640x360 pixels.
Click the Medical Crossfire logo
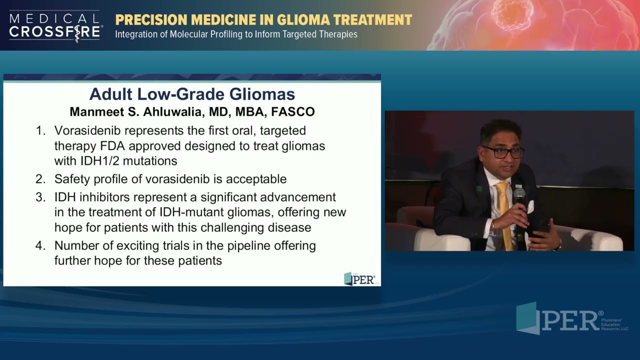pyautogui.click(x=55, y=26)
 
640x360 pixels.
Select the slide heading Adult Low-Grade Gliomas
pyautogui.click(x=192, y=94)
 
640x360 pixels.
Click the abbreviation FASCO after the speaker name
pyautogui.click(x=293, y=111)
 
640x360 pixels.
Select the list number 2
pyautogui.click(x=40, y=179)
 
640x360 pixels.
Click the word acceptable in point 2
pyautogui.click(x=256, y=179)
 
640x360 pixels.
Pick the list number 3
pyautogui.click(x=40, y=197)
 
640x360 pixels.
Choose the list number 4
pyautogui.click(x=40, y=246)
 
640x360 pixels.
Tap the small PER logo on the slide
pyautogui.click(x=359, y=279)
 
